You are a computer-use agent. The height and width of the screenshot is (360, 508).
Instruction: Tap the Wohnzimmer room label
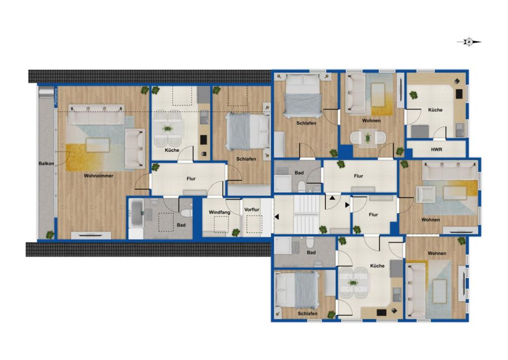[x=98, y=176]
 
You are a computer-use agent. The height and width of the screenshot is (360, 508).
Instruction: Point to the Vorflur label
[x=252, y=210]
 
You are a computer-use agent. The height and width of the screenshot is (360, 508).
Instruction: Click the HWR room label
[x=436, y=149]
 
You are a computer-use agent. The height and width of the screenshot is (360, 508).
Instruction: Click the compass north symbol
[x=469, y=42]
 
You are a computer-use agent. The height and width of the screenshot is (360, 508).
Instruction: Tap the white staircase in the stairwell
[x=306, y=215]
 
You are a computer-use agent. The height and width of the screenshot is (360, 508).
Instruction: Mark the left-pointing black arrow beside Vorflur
[x=276, y=216]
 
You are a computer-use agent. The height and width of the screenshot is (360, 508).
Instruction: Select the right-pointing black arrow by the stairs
[x=347, y=204]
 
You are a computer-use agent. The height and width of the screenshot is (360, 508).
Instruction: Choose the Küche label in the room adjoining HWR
[x=436, y=110]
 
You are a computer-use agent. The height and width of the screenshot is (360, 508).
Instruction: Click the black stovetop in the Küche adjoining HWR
[x=458, y=93]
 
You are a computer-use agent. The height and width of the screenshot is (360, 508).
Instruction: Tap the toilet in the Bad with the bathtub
[x=186, y=213]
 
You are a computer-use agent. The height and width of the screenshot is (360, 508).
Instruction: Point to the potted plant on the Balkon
[x=49, y=234]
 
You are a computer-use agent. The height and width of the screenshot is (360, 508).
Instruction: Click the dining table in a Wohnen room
[x=367, y=138]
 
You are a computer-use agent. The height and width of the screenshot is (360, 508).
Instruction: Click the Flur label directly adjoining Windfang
[x=191, y=179]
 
